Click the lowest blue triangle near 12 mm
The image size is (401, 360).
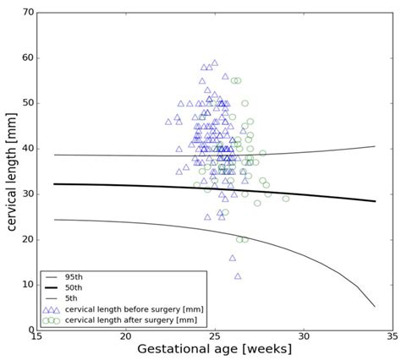point(238,275)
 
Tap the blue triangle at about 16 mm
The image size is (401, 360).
point(233,258)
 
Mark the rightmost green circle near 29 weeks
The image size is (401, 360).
point(286,199)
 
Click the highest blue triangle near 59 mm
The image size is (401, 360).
point(215,63)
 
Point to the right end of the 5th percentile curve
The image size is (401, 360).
point(374,306)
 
